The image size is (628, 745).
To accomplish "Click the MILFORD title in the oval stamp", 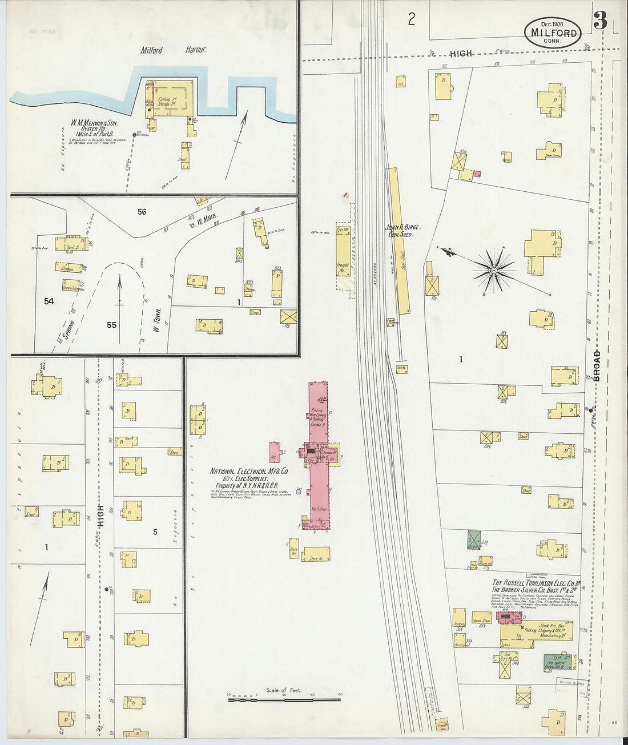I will coord(553,33).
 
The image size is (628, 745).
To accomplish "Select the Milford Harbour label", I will coord(173,50).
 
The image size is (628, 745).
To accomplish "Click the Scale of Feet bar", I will coord(284,699).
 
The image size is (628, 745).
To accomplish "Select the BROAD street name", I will coord(597,365).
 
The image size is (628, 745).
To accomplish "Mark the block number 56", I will coord(142,212).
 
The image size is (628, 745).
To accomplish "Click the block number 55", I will coord(111,325).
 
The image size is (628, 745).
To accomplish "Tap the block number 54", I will coord(49,300).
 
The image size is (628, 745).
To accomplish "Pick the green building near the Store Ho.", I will coord(474,539).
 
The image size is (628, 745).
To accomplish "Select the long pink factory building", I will coord(318,451).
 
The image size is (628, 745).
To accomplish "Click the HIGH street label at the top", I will coord(461,54).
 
